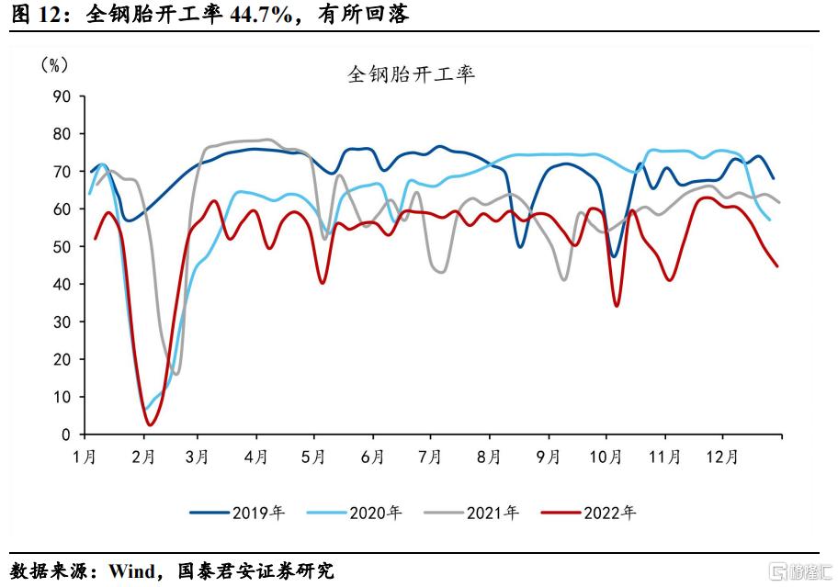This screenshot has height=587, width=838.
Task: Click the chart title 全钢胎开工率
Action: tap(411, 74)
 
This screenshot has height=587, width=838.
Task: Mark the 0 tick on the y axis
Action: tap(65, 435)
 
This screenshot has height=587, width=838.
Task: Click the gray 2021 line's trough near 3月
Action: tap(176, 373)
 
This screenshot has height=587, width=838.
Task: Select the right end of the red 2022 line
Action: tap(777, 266)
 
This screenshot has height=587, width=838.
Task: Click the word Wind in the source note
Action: tap(131, 571)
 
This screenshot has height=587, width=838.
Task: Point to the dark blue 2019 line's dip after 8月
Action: tap(520, 246)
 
